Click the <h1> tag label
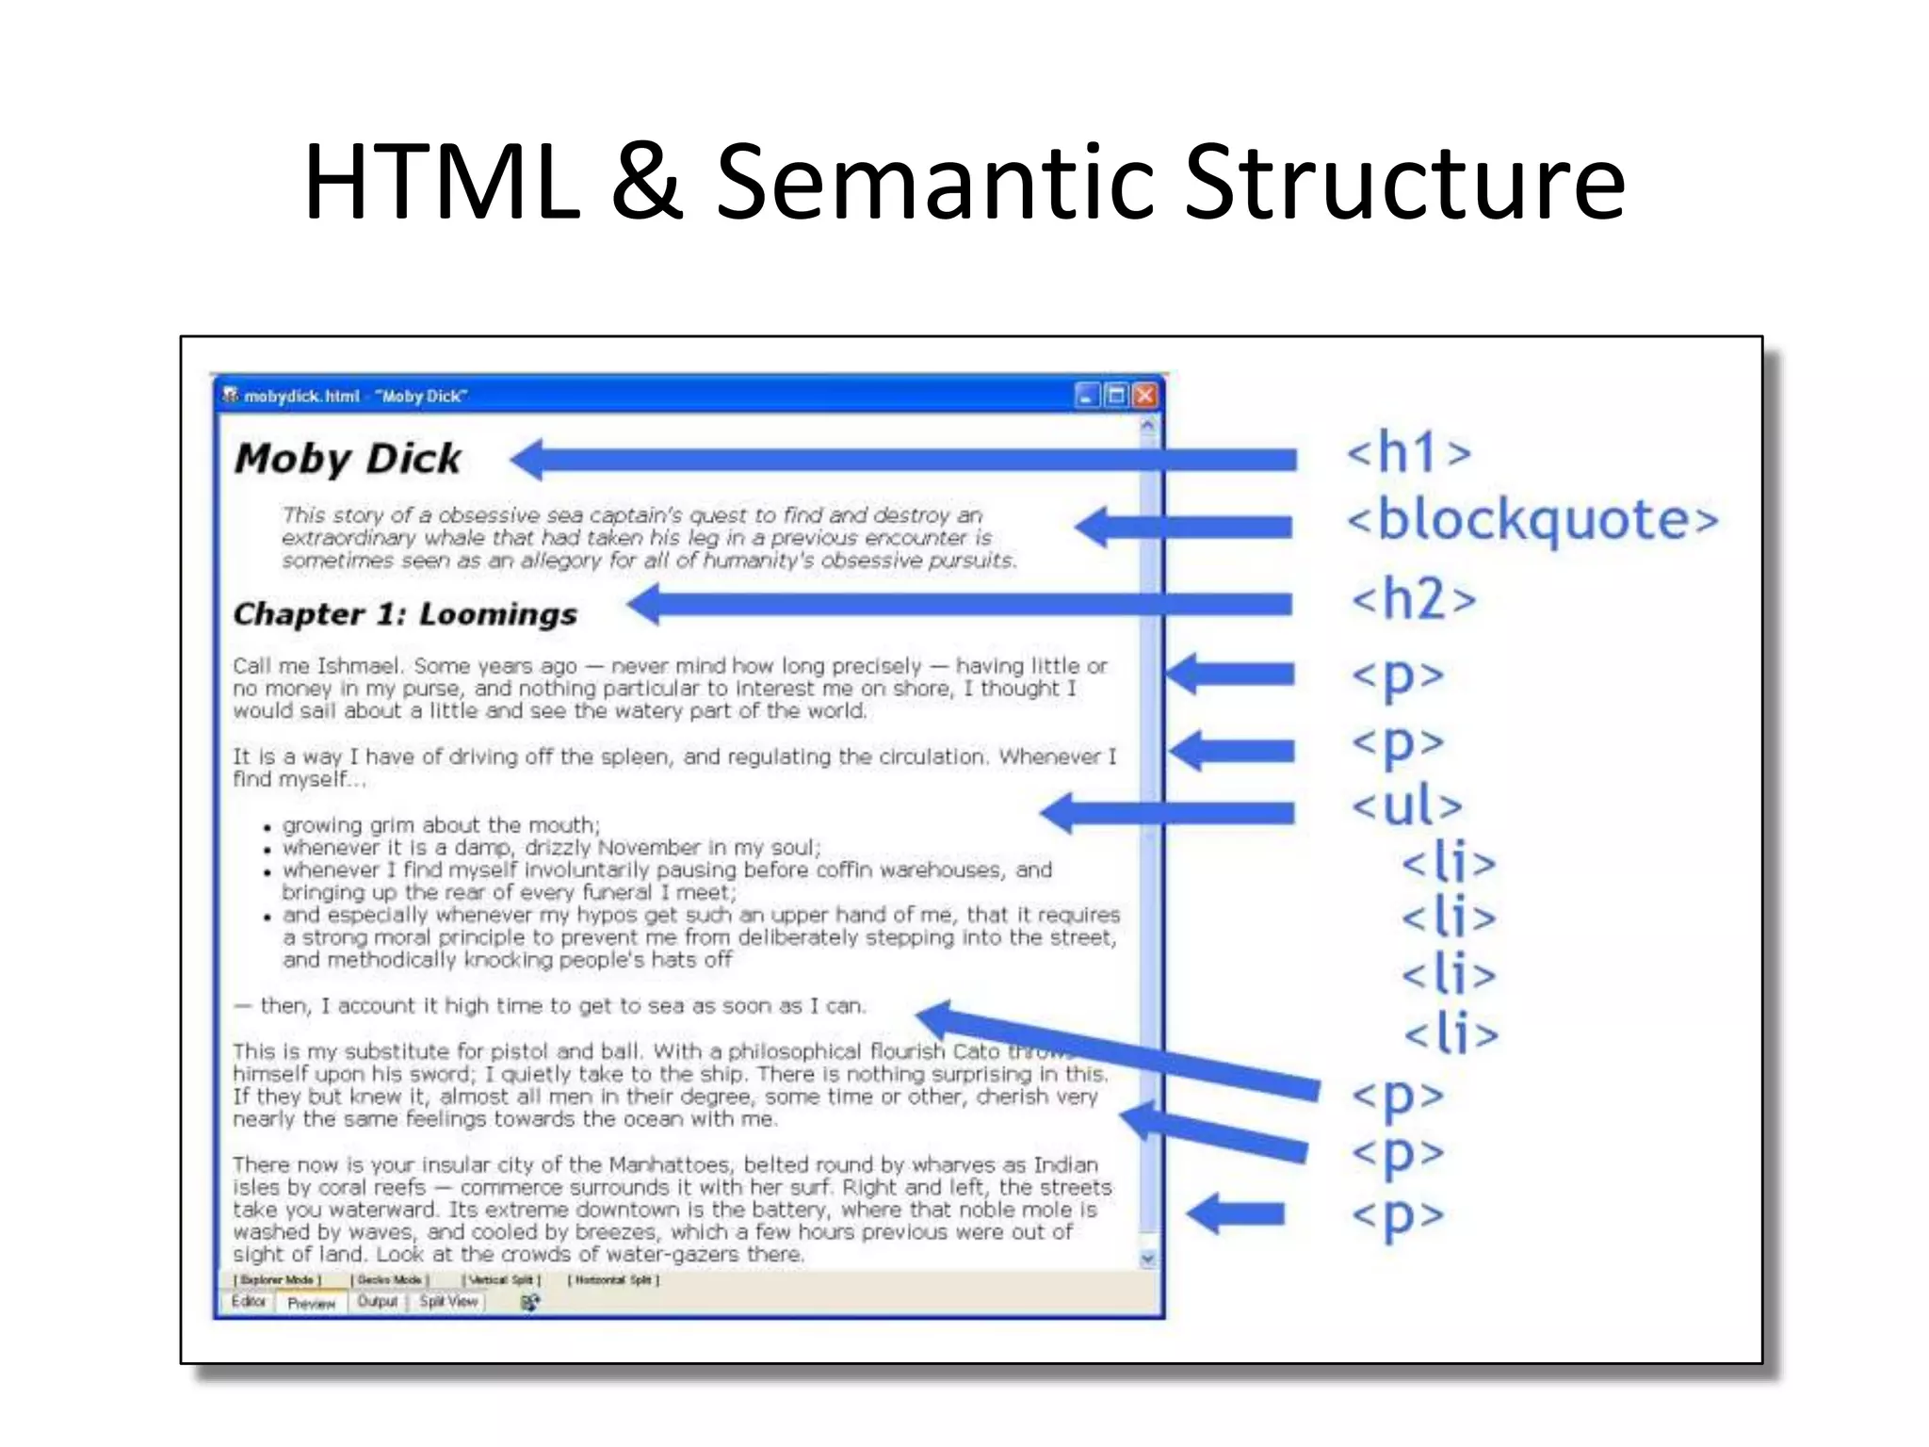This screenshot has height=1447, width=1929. click(x=1408, y=452)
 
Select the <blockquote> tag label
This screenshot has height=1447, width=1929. click(x=1532, y=520)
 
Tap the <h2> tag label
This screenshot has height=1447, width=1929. click(x=1413, y=599)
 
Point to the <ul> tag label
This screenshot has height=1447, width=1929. click(x=1407, y=806)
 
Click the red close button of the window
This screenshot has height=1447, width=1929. click(x=1144, y=396)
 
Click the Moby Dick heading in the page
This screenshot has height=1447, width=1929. click(x=348, y=459)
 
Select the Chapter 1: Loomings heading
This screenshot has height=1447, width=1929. click(x=405, y=614)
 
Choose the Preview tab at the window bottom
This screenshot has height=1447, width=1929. click(x=311, y=1303)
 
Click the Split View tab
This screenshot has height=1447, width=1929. click(x=448, y=1302)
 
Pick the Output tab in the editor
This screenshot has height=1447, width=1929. click(x=377, y=1302)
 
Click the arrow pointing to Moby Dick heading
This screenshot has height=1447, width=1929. click(x=904, y=460)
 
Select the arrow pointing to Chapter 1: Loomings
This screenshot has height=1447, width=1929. click(x=961, y=605)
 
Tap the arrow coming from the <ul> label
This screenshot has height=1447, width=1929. click(x=1168, y=812)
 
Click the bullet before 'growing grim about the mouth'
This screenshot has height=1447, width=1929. click(x=267, y=828)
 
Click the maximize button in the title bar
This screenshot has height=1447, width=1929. click(x=1116, y=396)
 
